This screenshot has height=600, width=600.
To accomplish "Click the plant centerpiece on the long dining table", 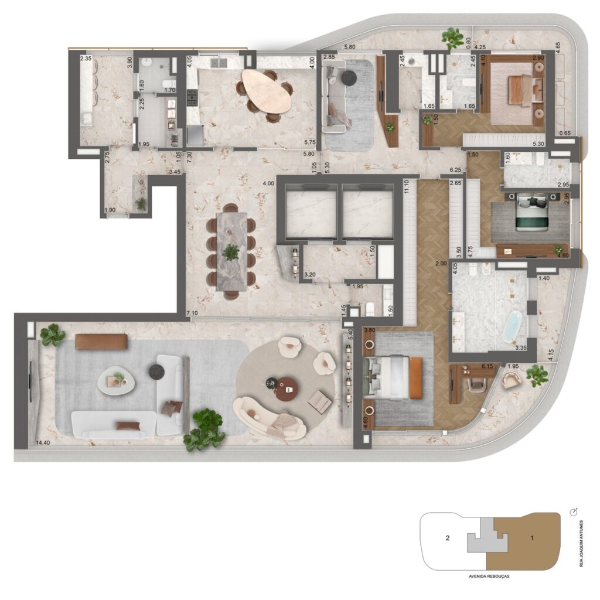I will pos(231,252).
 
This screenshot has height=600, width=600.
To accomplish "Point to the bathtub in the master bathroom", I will pos(513,326).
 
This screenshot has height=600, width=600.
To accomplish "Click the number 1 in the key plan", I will pos(531,537).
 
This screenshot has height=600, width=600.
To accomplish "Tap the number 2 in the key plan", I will pos(447,537).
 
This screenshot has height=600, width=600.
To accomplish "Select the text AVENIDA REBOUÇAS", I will pos(486,577).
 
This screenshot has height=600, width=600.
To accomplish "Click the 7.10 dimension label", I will pos(192,314).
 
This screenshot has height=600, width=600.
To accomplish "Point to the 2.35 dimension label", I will pos(86,59).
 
